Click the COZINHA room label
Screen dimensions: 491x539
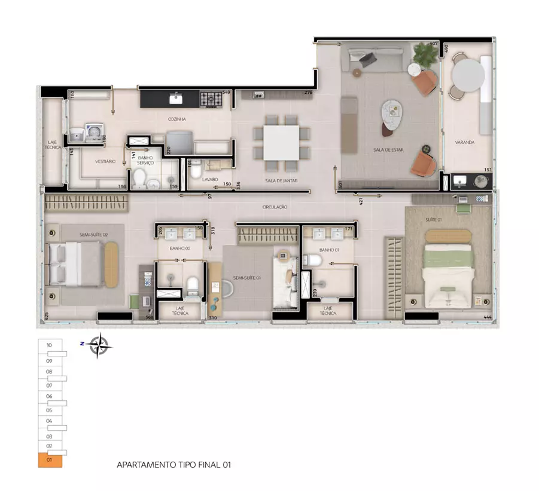[177, 119]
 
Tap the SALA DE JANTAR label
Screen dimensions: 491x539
[282, 180]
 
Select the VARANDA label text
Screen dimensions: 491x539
[464, 142]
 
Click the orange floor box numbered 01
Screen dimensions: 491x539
[50, 461]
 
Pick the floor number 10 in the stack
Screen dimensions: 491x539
[49, 345]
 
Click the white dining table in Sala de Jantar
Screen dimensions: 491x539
[281, 141]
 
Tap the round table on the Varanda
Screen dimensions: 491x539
[468, 75]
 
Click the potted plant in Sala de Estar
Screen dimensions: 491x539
[425, 56]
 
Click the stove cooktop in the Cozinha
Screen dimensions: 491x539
[211, 99]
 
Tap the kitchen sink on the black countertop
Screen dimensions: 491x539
[176, 98]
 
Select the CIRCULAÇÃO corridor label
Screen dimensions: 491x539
[275, 207]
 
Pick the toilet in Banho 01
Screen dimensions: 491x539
[310, 260]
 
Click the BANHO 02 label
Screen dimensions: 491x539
[179, 248]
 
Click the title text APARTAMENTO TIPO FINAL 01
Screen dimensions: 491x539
[173, 464]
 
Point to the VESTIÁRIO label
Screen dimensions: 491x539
[105, 161]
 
